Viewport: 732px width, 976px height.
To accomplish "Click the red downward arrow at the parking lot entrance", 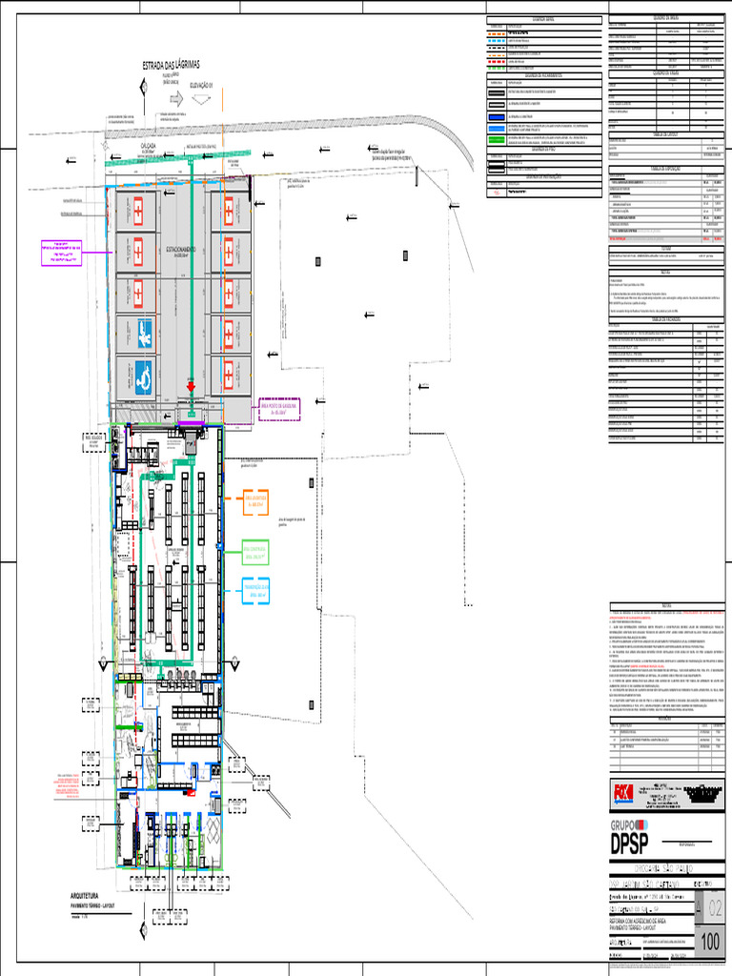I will [191, 387].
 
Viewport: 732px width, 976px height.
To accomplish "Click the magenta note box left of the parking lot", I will [57, 253].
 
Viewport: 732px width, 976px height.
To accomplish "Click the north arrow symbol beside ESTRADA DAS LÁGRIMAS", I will [143, 88].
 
